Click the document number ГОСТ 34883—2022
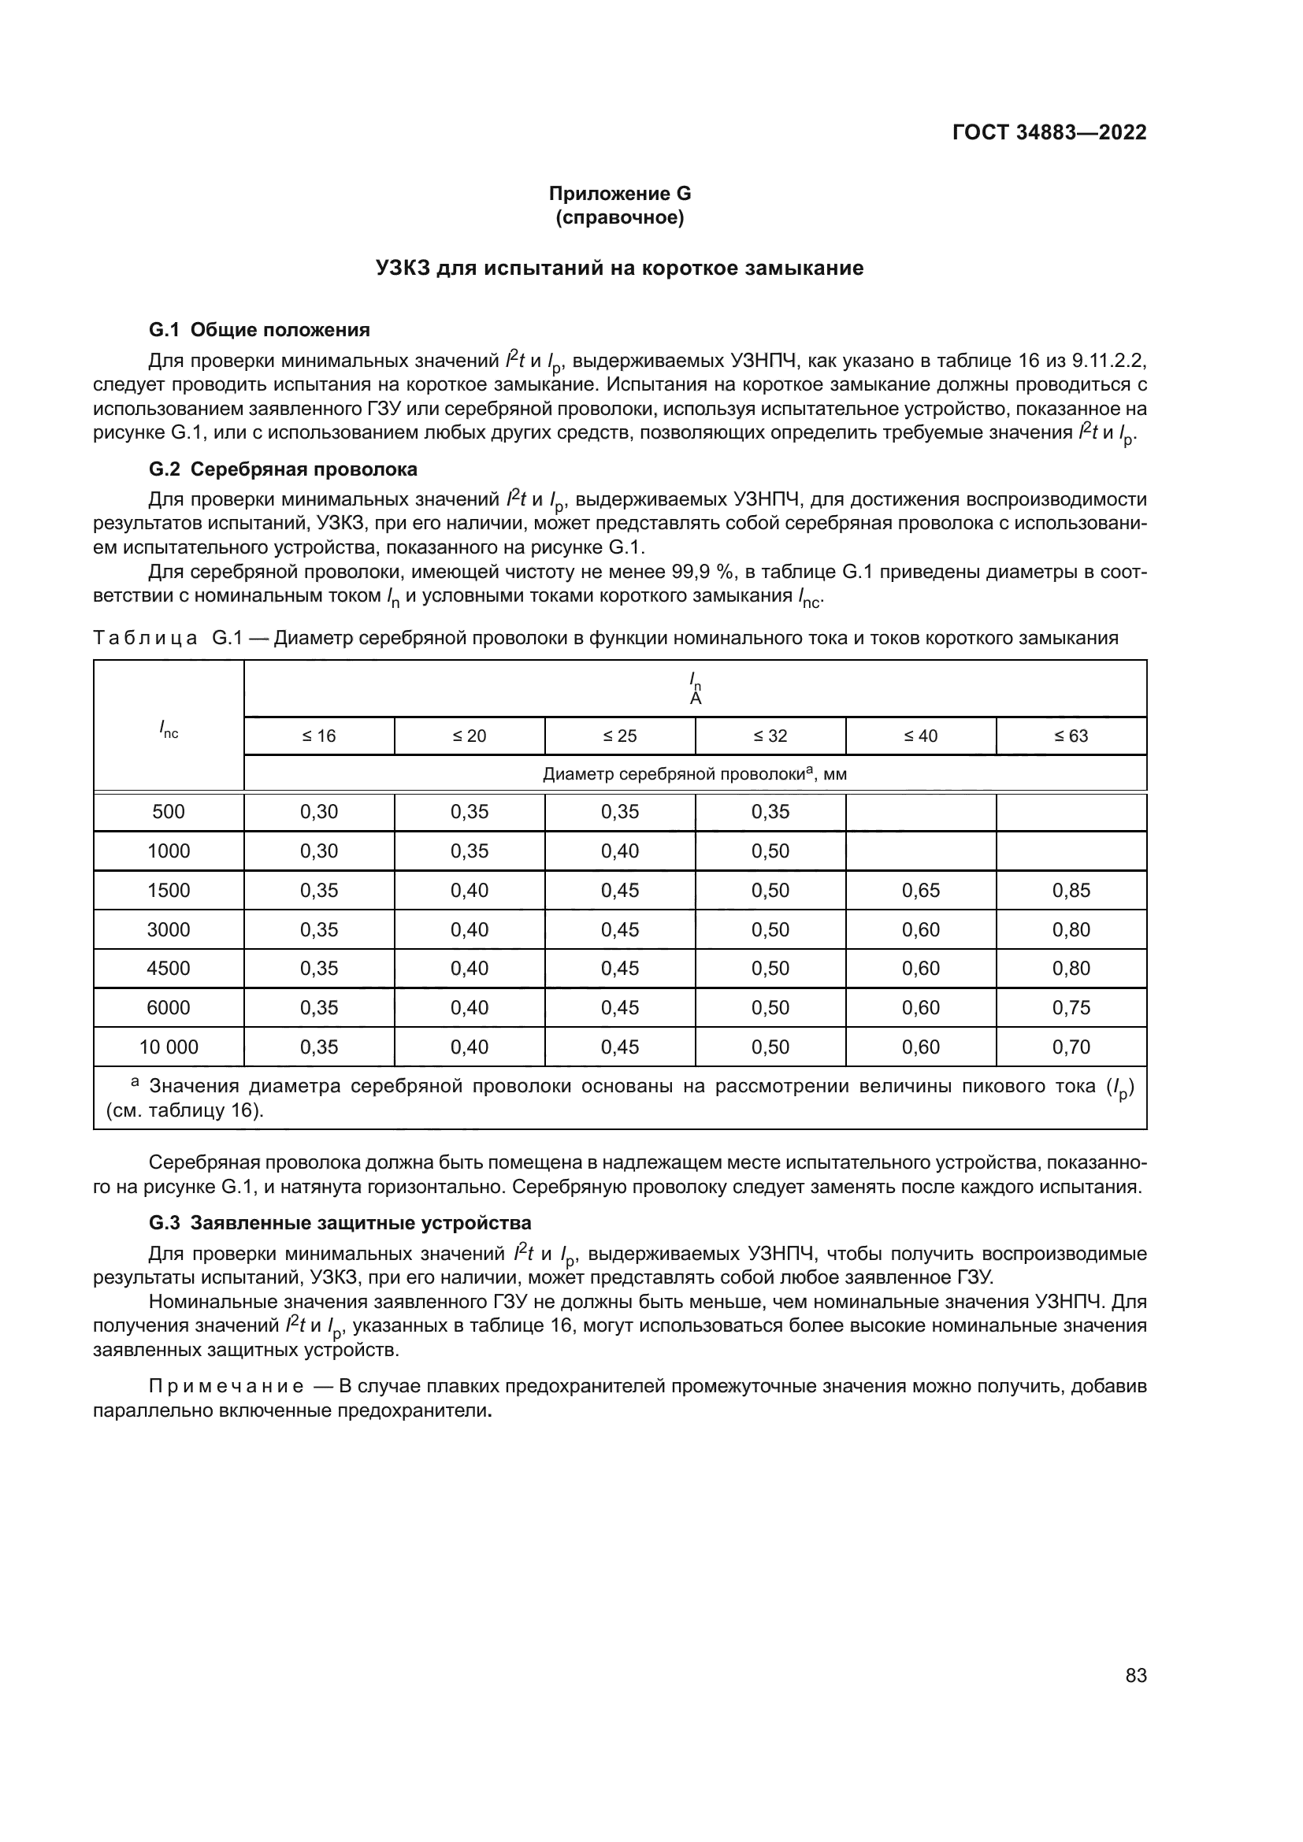(x=1049, y=132)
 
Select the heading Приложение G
(x=619, y=194)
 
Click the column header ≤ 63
(x=1071, y=736)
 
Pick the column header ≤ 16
(x=318, y=736)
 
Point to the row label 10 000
(x=169, y=1047)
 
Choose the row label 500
(x=169, y=812)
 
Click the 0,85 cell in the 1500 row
(x=1071, y=891)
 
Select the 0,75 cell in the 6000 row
(x=1071, y=1008)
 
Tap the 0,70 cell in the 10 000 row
(x=1071, y=1047)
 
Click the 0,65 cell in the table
(x=920, y=891)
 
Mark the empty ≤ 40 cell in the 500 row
(x=920, y=812)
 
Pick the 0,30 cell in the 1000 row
(x=318, y=851)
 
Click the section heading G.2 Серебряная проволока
(x=284, y=469)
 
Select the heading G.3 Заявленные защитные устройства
(x=340, y=1224)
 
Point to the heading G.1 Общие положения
(x=259, y=330)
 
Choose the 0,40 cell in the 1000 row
(x=619, y=851)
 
